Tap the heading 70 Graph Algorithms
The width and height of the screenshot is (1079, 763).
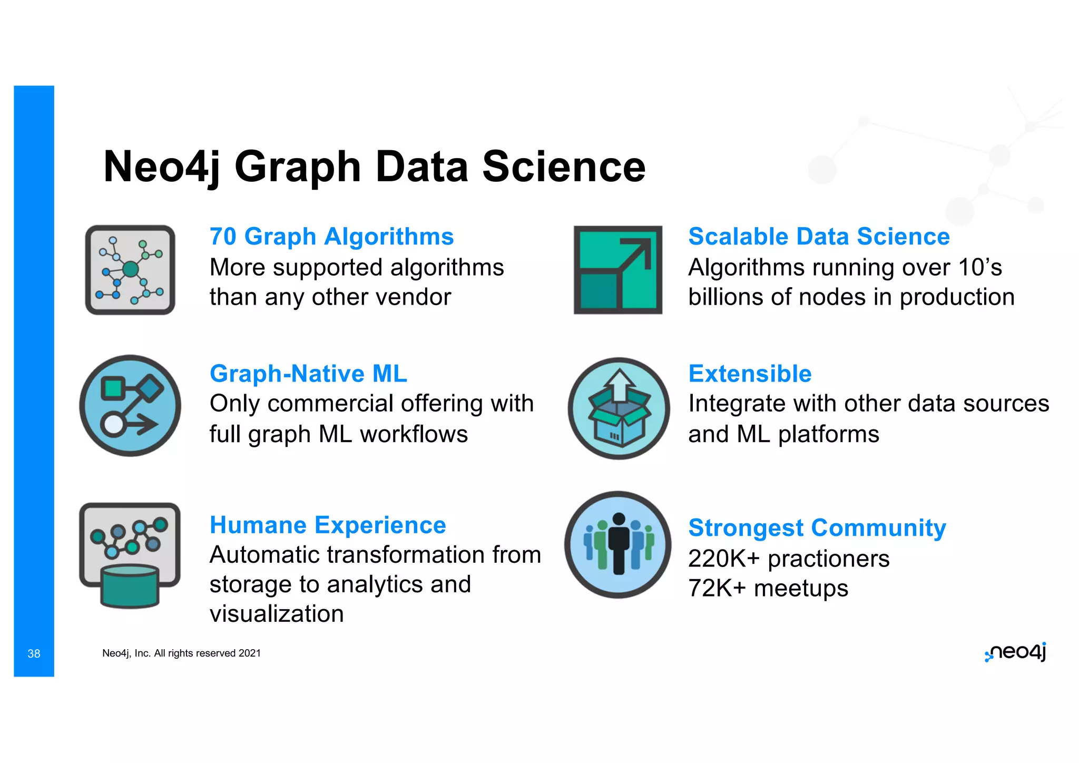pyautogui.click(x=331, y=237)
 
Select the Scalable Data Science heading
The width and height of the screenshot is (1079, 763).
pyautogui.click(x=819, y=237)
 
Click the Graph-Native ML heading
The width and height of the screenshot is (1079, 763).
pyautogui.click(x=308, y=374)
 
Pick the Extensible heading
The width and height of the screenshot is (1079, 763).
pyautogui.click(x=750, y=374)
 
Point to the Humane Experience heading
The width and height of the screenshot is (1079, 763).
pyautogui.click(x=328, y=525)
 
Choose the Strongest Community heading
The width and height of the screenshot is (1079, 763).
pyautogui.click(x=817, y=528)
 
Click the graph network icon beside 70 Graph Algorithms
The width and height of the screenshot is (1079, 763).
pyautogui.click(x=130, y=270)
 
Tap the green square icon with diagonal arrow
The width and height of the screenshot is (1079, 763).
pyautogui.click(x=618, y=270)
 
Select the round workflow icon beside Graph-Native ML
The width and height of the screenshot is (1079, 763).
pyautogui.click(x=130, y=406)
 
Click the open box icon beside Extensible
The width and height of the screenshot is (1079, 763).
pyautogui.click(x=619, y=408)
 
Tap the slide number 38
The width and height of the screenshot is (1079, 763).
pyautogui.click(x=34, y=654)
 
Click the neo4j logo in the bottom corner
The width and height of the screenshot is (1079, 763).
pyautogui.click(x=1015, y=652)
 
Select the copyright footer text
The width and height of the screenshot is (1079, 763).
pyautogui.click(x=181, y=653)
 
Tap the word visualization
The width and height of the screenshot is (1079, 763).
pyautogui.click(x=277, y=614)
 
